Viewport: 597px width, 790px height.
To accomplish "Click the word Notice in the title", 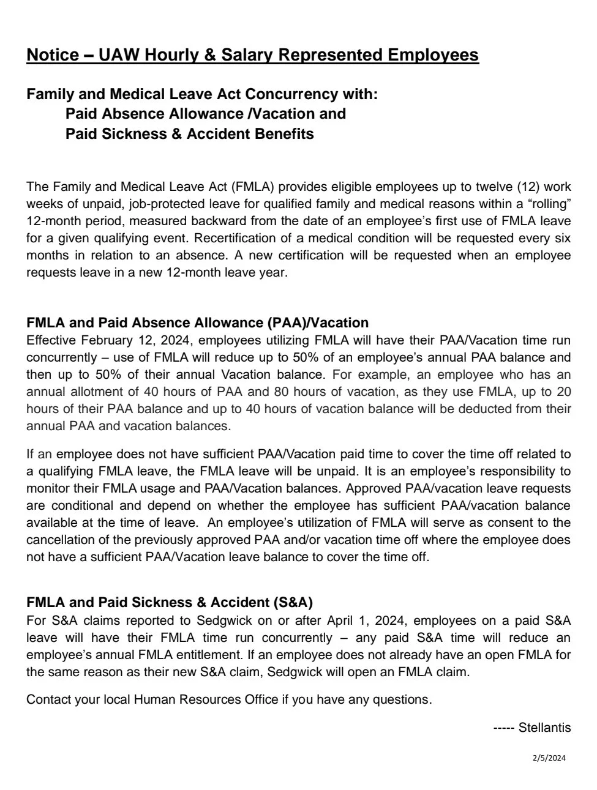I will pyautogui.click(x=53, y=55).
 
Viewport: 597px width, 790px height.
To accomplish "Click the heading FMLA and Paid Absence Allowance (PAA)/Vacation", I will pyautogui.click(x=197, y=322).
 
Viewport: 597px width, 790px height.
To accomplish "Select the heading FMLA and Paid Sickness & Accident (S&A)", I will pyautogui.click(x=170, y=603).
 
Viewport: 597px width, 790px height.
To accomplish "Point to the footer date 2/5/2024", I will pyautogui.click(x=549, y=758).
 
